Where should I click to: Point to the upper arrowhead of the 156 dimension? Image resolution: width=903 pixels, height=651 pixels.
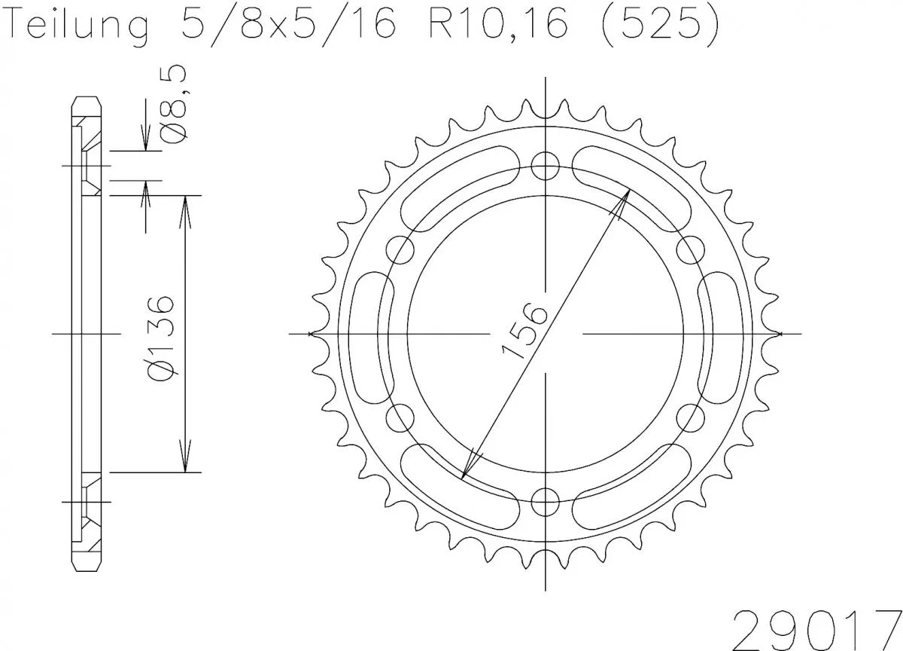click(x=622, y=201)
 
